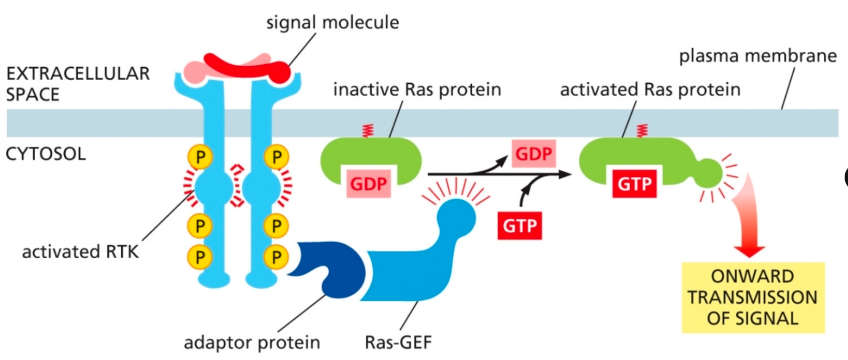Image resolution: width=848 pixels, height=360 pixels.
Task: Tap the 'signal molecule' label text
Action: click(x=332, y=22)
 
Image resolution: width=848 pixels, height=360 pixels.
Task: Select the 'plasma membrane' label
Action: click(x=757, y=56)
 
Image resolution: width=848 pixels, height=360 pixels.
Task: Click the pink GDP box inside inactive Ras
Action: click(x=368, y=184)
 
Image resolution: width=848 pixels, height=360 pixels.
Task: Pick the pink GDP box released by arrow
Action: click(x=533, y=154)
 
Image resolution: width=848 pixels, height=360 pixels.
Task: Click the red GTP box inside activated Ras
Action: click(x=634, y=184)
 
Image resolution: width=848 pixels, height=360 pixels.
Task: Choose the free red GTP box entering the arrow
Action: click(x=519, y=225)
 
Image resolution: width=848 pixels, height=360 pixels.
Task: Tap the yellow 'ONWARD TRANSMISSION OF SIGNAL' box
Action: click(x=752, y=297)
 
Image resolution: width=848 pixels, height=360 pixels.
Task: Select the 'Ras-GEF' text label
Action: click(x=398, y=342)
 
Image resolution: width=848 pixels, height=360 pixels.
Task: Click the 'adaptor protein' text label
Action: click(x=252, y=342)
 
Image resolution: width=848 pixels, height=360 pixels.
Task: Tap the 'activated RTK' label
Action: click(x=80, y=252)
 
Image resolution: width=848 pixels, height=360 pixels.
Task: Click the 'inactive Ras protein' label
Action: click(x=417, y=89)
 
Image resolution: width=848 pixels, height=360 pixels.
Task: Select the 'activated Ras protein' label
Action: click(x=650, y=89)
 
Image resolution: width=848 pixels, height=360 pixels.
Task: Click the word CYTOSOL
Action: click(x=45, y=154)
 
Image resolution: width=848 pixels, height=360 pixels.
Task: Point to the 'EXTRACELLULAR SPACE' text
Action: click(x=77, y=84)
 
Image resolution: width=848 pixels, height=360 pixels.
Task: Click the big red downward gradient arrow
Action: click(x=748, y=217)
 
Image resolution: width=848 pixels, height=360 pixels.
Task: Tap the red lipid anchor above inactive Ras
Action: click(x=368, y=130)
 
